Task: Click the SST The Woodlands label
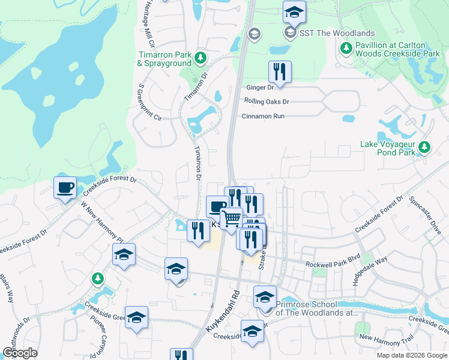pos(337,33)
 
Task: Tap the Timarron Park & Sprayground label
pos(164,59)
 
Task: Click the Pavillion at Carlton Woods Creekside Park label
pos(390,49)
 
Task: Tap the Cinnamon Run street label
pos(263,116)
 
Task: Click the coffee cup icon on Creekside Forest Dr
pos(65,187)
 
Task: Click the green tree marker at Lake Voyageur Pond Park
pos(425,146)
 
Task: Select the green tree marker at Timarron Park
pos(200,58)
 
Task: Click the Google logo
pos(20,353)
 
